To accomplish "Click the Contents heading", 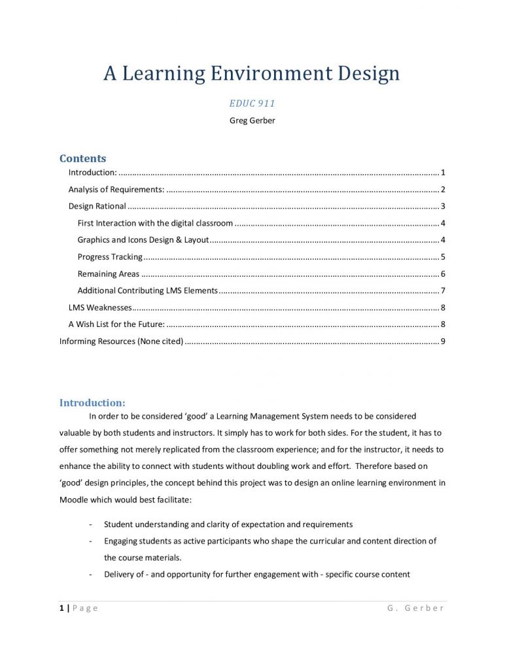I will pyautogui.click(x=82, y=158).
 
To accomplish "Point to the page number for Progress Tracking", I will pyautogui.click(x=443, y=257).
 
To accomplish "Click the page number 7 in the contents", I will pyautogui.click(x=443, y=290).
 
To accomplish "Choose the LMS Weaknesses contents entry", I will pyautogui.click(x=100, y=307).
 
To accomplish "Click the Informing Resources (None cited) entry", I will pyautogui.click(x=121, y=341).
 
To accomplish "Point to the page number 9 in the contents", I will pyautogui.click(x=443, y=341).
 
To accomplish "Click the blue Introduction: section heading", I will pyautogui.click(x=92, y=403).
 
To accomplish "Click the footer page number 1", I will pyautogui.click(x=61, y=608).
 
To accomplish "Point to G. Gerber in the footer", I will pyautogui.click(x=415, y=608).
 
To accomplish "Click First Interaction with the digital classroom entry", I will pyautogui.click(x=155, y=224).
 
